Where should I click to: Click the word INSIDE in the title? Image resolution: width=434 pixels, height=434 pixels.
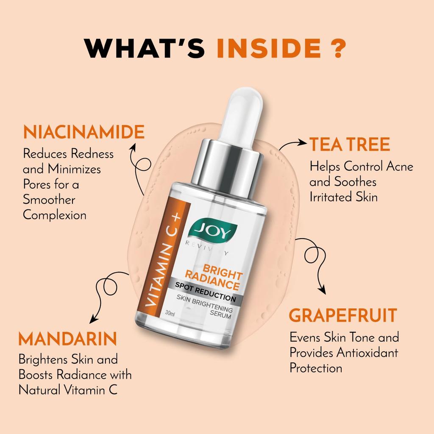tap(268, 49)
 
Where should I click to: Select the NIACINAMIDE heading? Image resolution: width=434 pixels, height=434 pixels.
tap(83, 132)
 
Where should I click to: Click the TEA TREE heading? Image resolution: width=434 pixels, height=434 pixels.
tap(349, 145)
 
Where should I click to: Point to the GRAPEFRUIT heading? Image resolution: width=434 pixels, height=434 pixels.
tap(343, 316)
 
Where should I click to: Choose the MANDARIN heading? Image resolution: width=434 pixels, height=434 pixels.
tap(67, 339)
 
